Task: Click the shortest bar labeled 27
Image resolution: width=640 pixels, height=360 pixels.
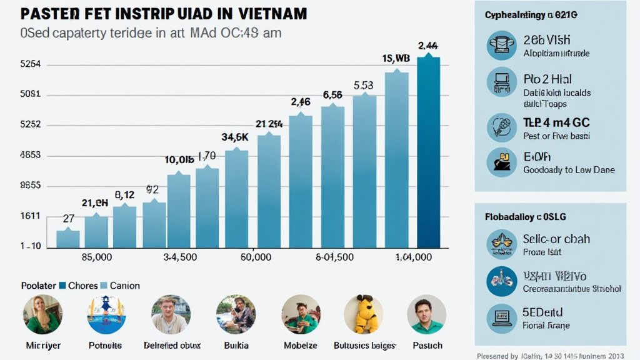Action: pos(68,239)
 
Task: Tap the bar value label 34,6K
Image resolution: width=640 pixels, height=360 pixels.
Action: pos(235,137)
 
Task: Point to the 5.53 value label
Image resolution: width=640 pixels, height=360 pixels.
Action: pos(363,85)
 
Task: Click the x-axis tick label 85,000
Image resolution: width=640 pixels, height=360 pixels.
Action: pos(93,257)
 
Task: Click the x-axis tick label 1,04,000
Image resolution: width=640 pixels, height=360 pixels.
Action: pos(414,257)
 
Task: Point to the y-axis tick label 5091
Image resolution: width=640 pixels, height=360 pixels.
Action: pos(31,94)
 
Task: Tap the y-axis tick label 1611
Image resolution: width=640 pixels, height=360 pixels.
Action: pos(31,216)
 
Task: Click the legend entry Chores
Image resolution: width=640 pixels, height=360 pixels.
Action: pos(78,286)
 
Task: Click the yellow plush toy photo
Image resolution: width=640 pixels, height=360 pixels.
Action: pos(363,314)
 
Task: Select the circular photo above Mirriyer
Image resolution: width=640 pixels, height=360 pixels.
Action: pos(42,314)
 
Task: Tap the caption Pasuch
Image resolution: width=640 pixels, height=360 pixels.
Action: pos(427,345)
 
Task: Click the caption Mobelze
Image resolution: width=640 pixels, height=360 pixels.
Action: pos(301,345)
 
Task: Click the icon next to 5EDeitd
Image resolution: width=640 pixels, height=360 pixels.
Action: pos(501,316)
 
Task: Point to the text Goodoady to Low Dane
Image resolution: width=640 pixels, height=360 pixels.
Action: pos(569,169)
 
